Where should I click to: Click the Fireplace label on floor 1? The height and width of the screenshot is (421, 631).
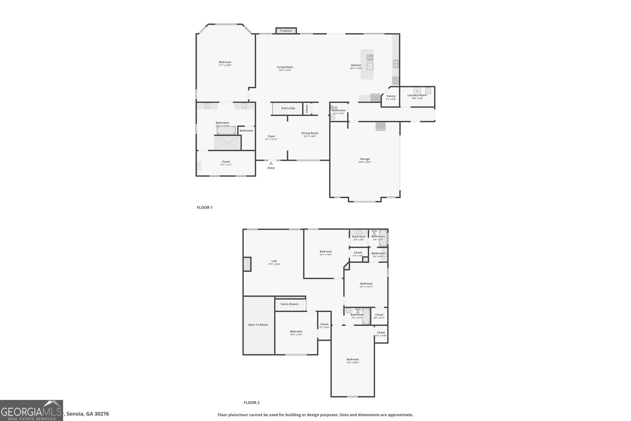(286, 31)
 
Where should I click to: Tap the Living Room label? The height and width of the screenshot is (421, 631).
(285, 67)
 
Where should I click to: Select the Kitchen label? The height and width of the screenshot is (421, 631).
(356, 65)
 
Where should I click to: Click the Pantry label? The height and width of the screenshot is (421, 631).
(391, 96)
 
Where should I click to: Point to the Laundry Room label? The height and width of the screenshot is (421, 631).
(417, 95)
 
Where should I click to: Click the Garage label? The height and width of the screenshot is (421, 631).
(364, 159)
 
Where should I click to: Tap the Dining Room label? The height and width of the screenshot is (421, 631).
(310, 133)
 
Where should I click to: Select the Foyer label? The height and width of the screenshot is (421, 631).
(271, 136)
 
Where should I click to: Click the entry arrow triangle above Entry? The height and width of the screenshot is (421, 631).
(271, 163)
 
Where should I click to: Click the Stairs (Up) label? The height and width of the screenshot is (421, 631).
(288, 108)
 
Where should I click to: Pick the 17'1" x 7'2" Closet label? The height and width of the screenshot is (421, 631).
(226, 162)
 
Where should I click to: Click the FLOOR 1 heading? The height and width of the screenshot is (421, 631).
(205, 208)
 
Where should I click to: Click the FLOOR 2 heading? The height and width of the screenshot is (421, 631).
(252, 403)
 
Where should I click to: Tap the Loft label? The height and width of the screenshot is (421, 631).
(274, 261)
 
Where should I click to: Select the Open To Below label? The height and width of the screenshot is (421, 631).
(258, 325)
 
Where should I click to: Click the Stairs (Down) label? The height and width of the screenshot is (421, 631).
(289, 304)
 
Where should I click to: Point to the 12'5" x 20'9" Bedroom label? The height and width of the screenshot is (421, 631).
(353, 359)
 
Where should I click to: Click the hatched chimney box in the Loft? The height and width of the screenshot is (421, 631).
(247, 264)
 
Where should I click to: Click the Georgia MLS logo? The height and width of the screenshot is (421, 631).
(32, 410)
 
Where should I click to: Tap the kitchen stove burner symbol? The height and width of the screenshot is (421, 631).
(396, 63)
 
